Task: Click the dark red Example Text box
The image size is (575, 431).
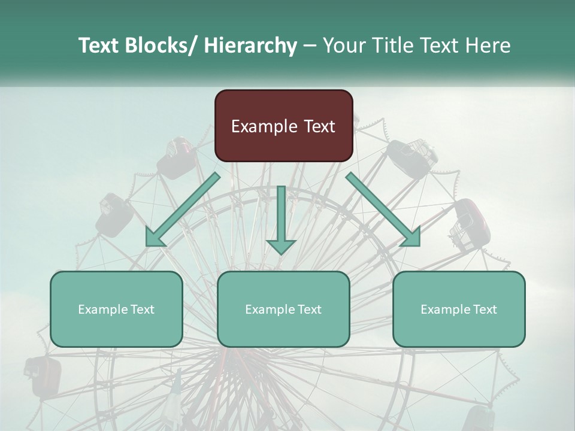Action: coord(283,126)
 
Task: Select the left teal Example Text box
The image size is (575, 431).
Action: coord(116,309)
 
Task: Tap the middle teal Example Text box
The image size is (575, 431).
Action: coord(283,309)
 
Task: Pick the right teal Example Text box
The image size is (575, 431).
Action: coord(459,309)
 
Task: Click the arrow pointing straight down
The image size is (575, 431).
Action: coord(282,219)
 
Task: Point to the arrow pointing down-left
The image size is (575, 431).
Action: coord(182,210)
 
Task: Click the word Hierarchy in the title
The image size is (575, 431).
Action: coord(250,45)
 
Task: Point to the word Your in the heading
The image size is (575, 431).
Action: coord(343,45)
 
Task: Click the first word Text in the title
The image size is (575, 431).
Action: coord(98,45)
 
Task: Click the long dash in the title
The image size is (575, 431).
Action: coord(309,45)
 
